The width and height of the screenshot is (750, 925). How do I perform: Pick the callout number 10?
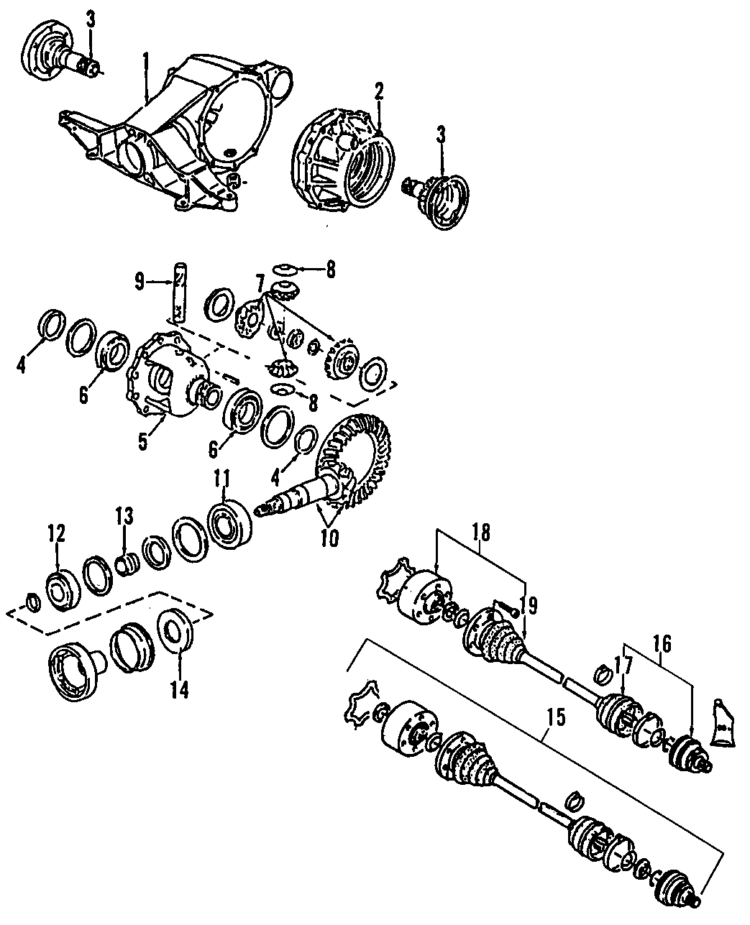329,538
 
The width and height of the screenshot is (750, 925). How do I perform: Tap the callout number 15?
555,717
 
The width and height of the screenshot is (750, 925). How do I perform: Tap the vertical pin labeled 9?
178,293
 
